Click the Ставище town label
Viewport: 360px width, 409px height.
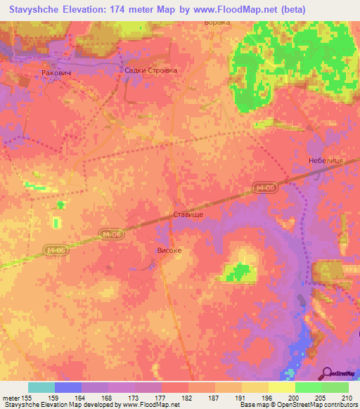click(188, 213)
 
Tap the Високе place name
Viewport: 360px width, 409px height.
click(169, 249)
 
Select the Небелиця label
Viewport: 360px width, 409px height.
click(325, 161)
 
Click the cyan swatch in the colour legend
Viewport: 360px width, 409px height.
click(41, 387)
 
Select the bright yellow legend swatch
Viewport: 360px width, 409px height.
click(281, 387)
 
